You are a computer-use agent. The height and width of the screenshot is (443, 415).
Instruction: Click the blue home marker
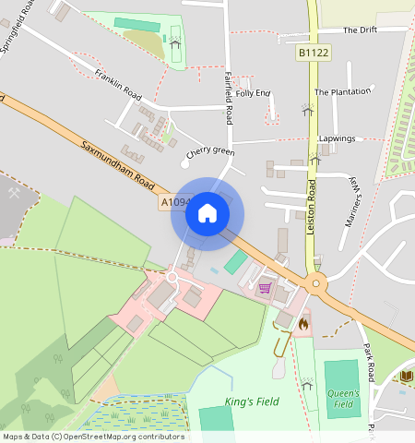207,213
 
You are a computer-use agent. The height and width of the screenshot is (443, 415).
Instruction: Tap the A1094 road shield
176,201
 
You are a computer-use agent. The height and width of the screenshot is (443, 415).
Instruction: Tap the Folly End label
253,93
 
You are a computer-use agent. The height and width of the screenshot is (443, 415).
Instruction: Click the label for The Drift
361,30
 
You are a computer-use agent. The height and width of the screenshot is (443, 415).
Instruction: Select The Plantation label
342,92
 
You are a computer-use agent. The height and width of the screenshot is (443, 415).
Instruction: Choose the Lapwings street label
337,138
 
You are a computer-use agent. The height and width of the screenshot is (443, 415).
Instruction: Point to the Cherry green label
210,152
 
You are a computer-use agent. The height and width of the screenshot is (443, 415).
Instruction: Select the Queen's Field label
341,398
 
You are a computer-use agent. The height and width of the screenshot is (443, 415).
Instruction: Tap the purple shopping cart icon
266,288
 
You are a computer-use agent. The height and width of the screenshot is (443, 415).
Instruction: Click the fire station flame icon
302,324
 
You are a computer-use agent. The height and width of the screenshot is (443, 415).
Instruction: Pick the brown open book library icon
407,376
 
